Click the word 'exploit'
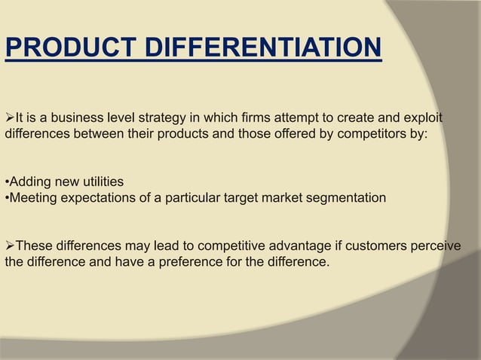point(421,119)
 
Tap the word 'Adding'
point(29,182)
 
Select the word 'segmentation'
point(346,198)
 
